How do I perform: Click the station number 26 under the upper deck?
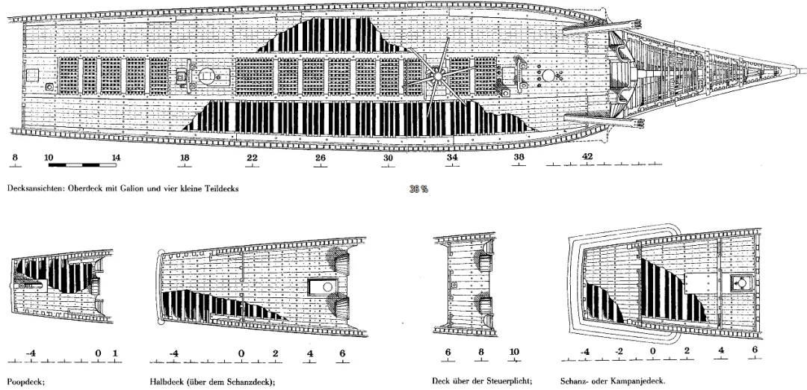point(320,158)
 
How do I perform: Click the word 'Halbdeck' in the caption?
point(168,380)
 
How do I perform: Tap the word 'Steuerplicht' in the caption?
point(509,380)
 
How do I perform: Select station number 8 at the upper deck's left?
point(14,158)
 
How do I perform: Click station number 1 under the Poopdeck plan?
point(114,353)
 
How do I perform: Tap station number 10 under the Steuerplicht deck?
point(513,353)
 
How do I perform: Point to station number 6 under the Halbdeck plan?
point(342,353)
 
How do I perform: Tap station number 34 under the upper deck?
point(452,158)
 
